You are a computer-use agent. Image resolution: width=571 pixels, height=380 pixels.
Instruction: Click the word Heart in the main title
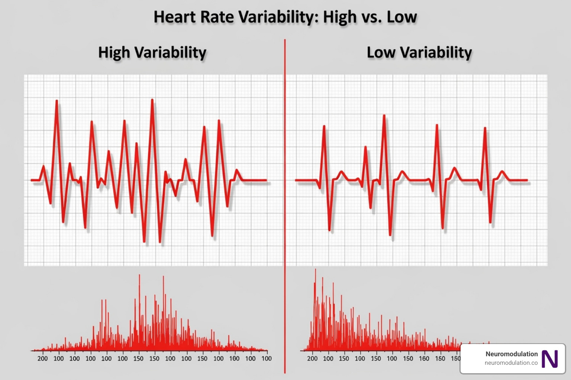click(175, 17)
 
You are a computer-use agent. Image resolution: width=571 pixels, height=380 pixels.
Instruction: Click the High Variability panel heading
click(152, 53)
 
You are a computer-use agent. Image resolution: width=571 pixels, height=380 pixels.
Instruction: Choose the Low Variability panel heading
click(419, 53)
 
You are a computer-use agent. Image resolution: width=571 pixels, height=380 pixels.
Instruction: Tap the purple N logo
click(549, 359)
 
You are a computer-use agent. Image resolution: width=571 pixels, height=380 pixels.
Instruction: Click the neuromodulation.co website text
click(511, 363)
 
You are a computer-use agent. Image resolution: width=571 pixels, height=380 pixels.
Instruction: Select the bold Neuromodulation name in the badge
click(512, 354)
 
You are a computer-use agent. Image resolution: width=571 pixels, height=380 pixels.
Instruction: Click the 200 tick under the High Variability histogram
click(42, 358)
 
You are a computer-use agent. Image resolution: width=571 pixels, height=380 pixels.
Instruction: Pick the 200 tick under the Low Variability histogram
click(312, 358)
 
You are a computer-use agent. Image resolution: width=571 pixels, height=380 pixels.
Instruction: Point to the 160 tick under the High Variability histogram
click(234, 358)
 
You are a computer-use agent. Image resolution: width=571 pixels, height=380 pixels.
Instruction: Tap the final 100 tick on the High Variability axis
click(266, 358)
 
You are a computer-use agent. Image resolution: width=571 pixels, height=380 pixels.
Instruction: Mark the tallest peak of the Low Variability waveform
click(384, 116)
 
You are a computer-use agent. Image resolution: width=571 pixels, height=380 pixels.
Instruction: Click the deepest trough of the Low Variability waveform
click(390, 235)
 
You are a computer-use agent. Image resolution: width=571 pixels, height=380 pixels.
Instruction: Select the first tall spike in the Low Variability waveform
click(324, 127)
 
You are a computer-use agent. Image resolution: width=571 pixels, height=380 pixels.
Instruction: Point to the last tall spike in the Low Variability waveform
click(485, 128)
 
